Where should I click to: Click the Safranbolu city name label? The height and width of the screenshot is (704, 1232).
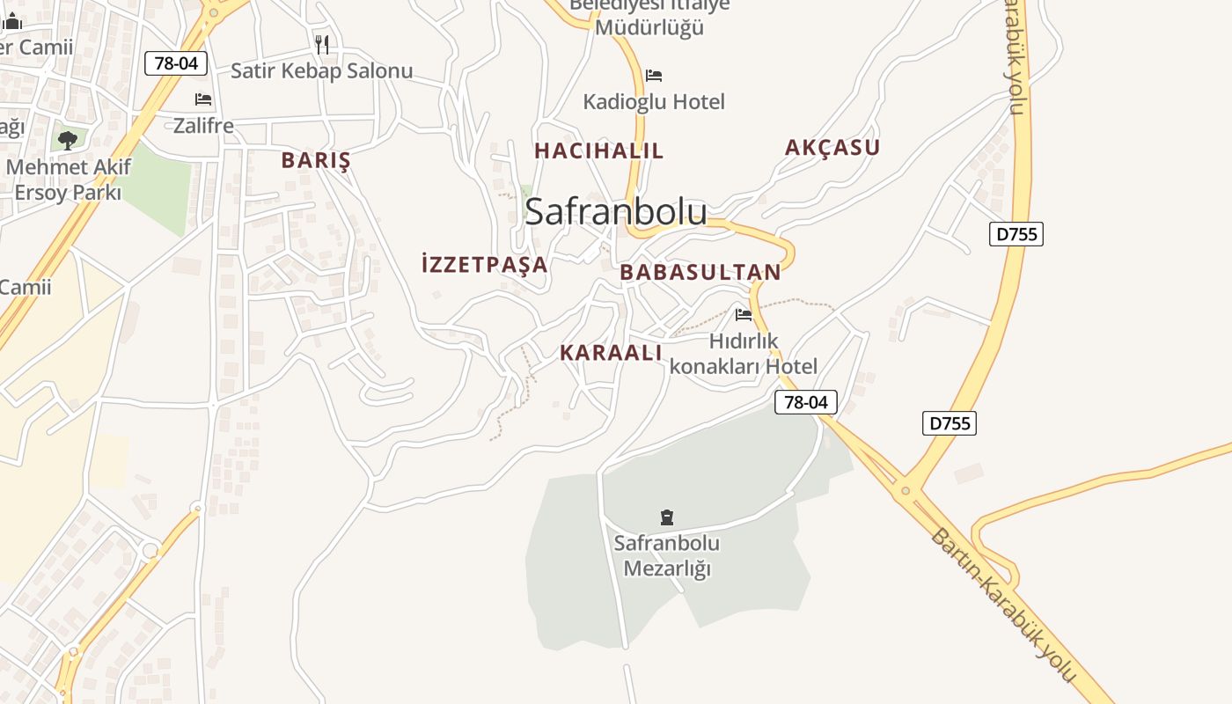(x=615, y=212)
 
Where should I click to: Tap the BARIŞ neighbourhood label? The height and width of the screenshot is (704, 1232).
(x=316, y=160)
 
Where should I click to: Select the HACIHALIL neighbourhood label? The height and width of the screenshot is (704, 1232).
(x=598, y=150)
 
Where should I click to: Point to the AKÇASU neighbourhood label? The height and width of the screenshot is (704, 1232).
(x=832, y=148)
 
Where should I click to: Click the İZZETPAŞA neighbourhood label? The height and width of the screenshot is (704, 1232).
(x=485, y=264)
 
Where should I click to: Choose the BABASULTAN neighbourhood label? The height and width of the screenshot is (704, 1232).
(x=700, y=273)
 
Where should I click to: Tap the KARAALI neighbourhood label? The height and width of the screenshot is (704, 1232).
(x=611, y=353)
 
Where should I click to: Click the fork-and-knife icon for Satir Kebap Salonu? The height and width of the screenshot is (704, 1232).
(x=322, y=44)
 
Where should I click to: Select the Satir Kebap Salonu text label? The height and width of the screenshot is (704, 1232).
(x=321, y=71)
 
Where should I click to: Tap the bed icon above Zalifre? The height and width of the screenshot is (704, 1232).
(x=203, y=99)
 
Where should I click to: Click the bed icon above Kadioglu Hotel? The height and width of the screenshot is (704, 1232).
(x=654, y=76)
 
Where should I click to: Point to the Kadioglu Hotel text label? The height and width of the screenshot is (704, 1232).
(x=654, y=102)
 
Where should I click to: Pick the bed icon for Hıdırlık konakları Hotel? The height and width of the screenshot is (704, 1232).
(x=744, y=314)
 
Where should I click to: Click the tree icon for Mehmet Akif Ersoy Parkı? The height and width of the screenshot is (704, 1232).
(x=68, y=140)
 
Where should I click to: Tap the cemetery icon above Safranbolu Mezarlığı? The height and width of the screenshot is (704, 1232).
(x=667, y=517)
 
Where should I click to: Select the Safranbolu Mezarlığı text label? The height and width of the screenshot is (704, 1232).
(x=667, y=555)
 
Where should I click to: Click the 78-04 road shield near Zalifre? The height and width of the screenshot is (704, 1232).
(x=176, y=63)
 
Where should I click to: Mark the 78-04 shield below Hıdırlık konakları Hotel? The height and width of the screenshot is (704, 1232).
(x=805, y=403)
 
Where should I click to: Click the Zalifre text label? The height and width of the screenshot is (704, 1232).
(x=203, y=126)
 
